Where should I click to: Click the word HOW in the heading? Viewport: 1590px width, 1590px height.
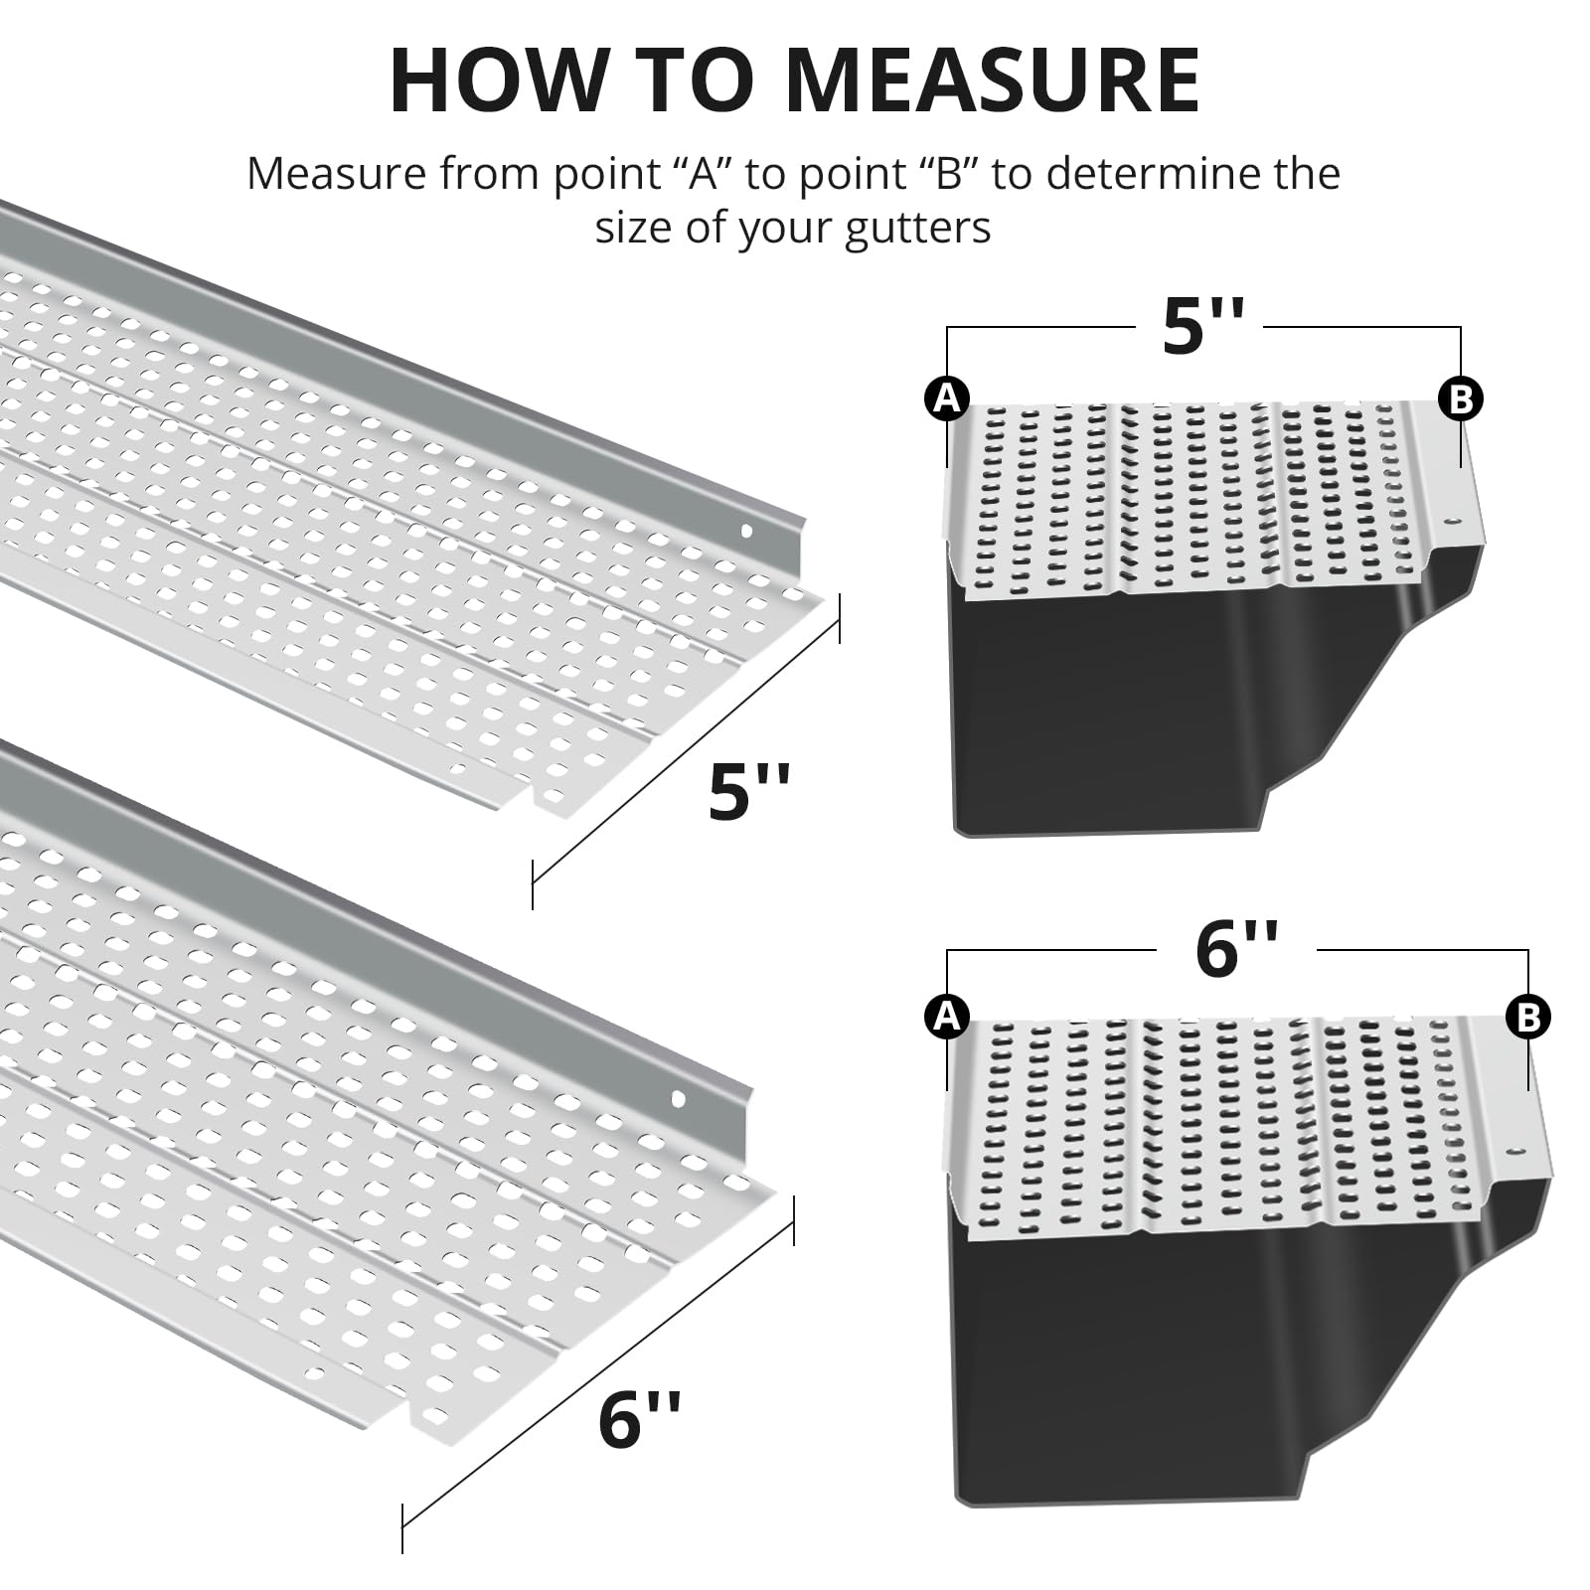tap(498, 79)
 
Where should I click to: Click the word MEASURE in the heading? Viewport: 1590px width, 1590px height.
tap(993, 79)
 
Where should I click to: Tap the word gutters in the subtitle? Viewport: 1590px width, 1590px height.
tap(918, 229)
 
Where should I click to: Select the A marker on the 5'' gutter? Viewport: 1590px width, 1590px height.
tap(947, 398)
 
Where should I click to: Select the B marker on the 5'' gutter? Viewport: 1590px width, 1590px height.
tap(1461, 398)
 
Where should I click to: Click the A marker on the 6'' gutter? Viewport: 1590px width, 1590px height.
tap(947, 1017)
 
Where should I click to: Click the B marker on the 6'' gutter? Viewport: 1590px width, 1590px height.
tap(1528, 1017)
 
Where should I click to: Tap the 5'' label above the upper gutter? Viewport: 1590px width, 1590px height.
tap(1202, 326)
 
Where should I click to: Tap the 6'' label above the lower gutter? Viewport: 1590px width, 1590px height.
tap(1236, 949)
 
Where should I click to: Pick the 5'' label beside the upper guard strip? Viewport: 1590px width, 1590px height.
tap(749, 791)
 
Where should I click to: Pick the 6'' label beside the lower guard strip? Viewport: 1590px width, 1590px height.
tap(639, 1419)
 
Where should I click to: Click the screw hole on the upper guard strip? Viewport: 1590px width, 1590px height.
tap(747, 532)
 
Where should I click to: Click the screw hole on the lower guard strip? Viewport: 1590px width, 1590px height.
tap(679, 1099)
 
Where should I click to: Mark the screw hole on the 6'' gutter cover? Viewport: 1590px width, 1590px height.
tap(1517, 1150)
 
